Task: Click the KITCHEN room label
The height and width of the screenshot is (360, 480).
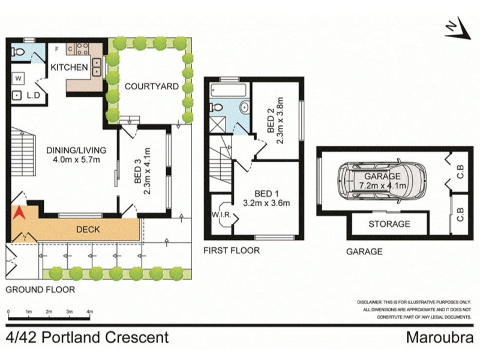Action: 69,67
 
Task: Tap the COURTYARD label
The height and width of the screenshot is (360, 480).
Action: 151,86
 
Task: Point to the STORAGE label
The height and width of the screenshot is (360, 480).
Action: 389,224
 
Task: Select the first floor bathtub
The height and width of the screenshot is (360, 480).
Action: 228,92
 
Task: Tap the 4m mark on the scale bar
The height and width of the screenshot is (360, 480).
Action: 89,312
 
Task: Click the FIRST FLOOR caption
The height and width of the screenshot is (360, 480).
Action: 231,250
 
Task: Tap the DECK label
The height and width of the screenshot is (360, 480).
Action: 88,229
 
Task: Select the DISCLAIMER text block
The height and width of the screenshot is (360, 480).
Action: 415,309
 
